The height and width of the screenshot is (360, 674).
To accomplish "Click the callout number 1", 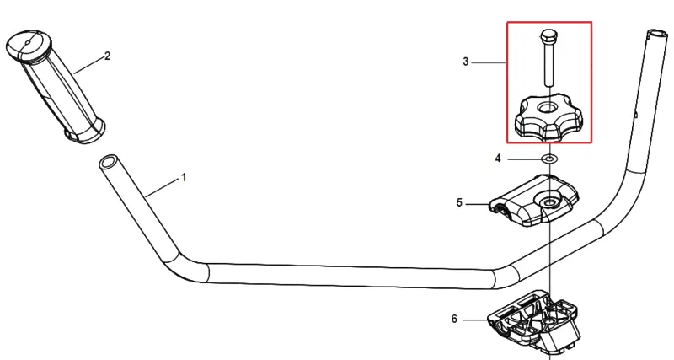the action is coord(184,177).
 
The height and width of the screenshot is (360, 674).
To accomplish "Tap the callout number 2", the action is coord(108,56).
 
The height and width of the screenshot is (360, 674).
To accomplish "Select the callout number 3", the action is coord(466,62).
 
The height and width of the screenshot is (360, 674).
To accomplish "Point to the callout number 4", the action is coord(498,159).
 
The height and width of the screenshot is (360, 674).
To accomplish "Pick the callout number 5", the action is coord(459,202).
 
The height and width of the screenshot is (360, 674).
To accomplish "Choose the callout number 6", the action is coord(454,320).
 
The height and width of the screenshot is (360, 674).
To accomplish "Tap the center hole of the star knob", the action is coord(546,107).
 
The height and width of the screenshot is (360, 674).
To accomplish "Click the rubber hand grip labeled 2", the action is coord(56,86).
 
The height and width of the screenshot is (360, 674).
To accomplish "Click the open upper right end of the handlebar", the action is coord(657,34).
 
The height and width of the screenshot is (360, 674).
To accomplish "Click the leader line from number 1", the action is coord(163,187).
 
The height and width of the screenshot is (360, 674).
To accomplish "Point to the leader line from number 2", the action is coord(88,65).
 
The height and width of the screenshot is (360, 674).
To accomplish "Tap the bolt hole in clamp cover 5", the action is coord(548,201).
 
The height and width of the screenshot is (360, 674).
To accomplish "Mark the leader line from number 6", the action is coord(475,320).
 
